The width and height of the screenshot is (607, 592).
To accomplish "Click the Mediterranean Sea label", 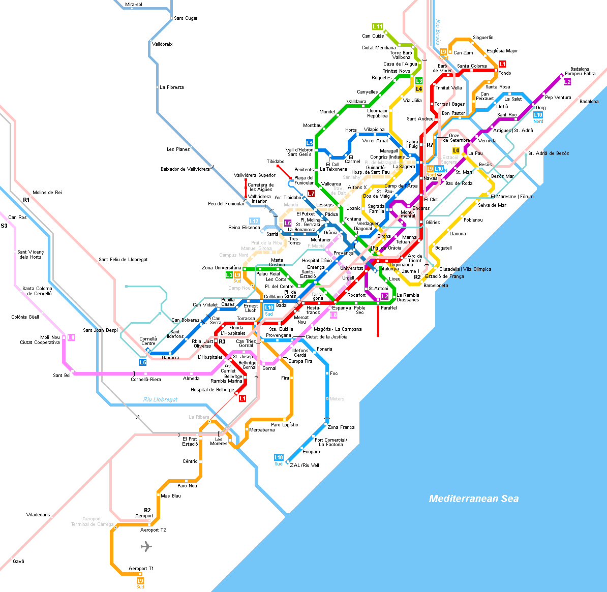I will click(474, 498).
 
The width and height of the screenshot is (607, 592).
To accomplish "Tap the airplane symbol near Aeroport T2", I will click(146, 547).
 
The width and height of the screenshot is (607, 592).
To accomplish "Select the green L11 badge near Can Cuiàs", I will click(377, 26).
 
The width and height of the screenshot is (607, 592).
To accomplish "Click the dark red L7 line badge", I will click(311, 194).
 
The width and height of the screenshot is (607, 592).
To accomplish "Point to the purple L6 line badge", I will click(288, 223).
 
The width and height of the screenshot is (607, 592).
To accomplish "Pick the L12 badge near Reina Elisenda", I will click(254, 221).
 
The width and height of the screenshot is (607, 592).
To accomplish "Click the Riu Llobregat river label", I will click(160, 399).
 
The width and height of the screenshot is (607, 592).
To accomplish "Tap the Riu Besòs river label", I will click(438, 32).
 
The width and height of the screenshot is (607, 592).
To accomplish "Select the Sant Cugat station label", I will click(186, 18).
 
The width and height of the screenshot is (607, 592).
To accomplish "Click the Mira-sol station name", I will click(134, 5).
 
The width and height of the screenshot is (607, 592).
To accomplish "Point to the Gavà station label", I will click(18, 562).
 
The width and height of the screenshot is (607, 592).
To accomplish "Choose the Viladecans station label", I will click(38, 515).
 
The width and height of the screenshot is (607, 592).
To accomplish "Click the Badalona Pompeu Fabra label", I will click(583, 71).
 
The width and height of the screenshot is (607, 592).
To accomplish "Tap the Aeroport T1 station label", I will click(141, 569).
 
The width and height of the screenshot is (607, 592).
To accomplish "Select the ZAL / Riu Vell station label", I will click(305, 465).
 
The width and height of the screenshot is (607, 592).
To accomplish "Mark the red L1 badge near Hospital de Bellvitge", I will click(242, 398).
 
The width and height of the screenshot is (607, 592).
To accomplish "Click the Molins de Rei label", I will click(47, 193).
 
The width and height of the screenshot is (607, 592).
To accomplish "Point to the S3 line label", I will click(4, 226).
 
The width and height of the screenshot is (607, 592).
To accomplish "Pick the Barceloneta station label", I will click(436, 286).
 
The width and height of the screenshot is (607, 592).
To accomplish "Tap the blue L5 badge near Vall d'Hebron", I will click(310, 143).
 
